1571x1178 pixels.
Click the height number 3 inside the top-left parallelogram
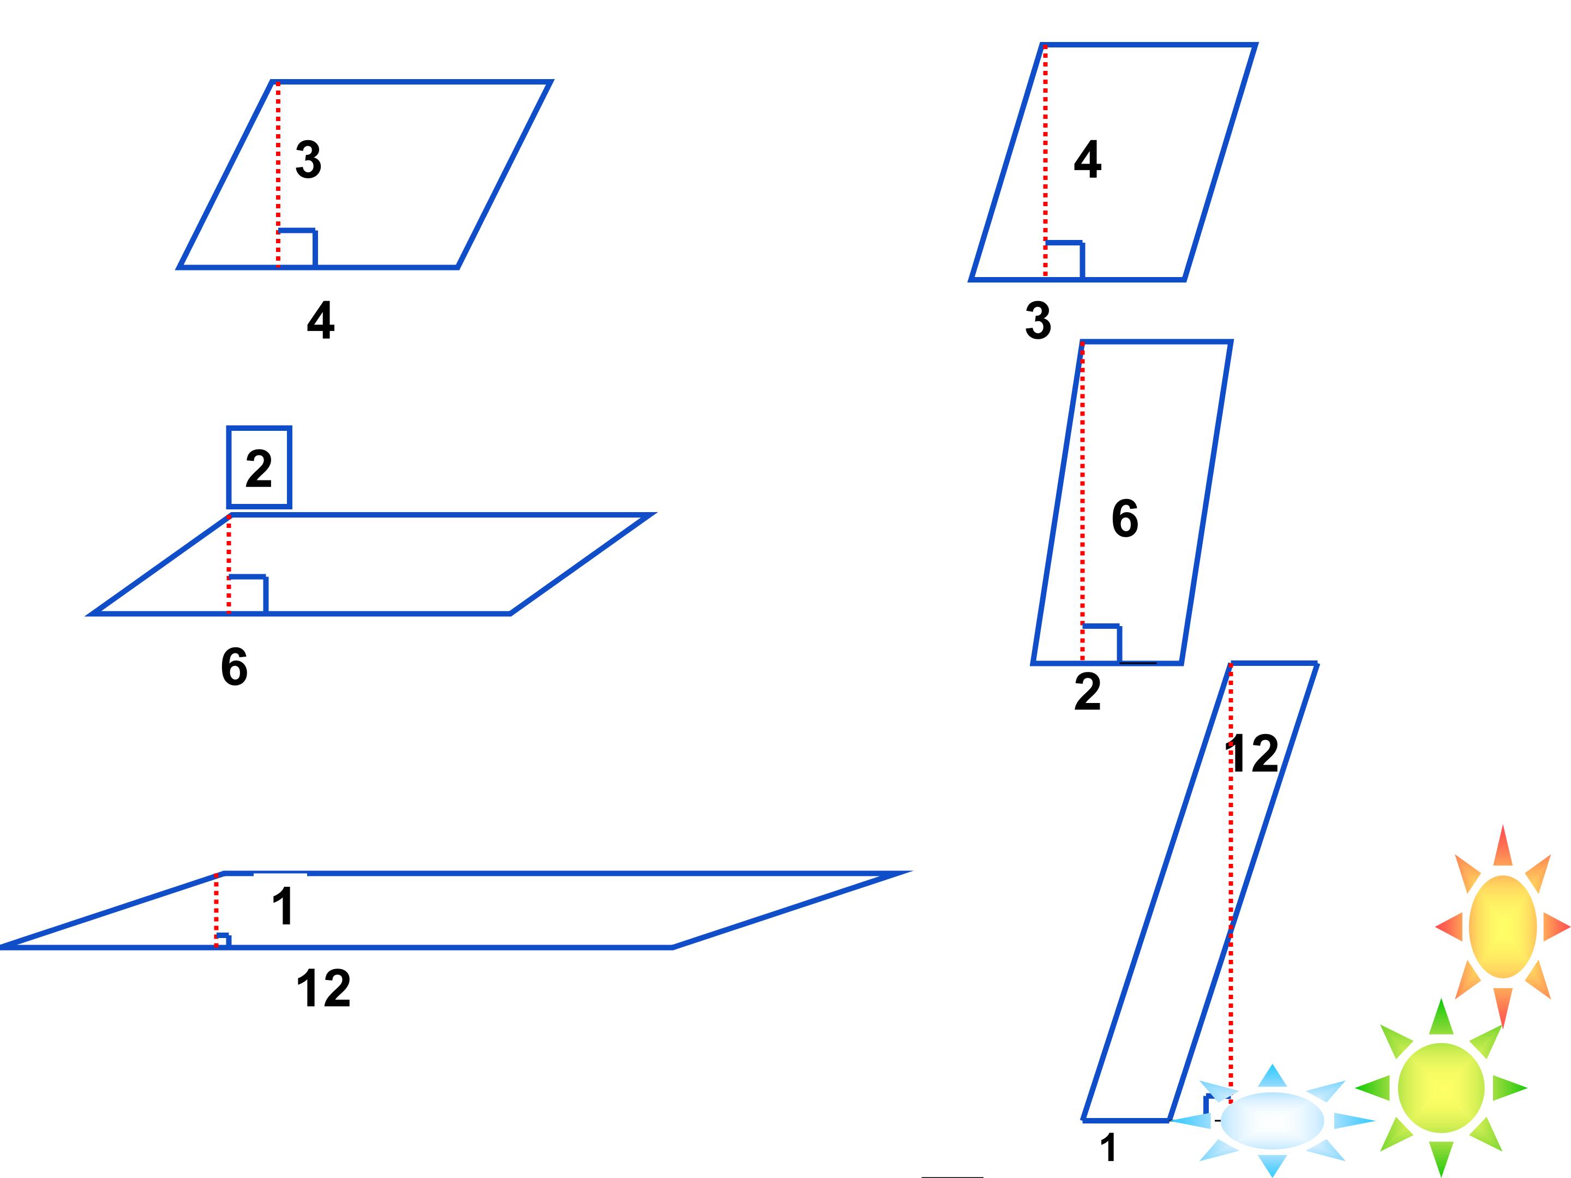pos(308,159)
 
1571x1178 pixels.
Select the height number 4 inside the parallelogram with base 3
pos(1087,159)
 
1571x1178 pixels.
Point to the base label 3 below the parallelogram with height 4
pos(1038,321)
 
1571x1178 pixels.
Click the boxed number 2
pos(259,468)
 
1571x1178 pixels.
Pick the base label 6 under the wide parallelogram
pos(235,667)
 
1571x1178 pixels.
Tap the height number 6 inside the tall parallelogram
pos(1125,518)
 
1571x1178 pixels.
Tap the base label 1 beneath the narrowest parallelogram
pos(1108,1147)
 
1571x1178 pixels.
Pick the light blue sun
pos(1272,1121)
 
